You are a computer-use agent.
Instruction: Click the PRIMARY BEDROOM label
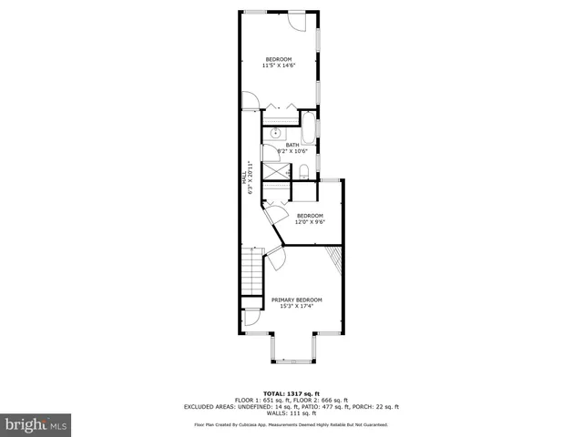296,300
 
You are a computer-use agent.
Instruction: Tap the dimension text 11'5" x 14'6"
278,66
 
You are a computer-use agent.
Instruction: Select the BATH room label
291,145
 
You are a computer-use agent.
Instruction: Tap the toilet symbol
304,171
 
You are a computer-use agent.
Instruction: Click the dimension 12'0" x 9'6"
310,222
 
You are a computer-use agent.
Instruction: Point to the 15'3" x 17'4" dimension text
296,306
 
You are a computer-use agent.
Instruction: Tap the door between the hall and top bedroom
249,101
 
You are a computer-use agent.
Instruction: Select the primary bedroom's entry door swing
276,258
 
